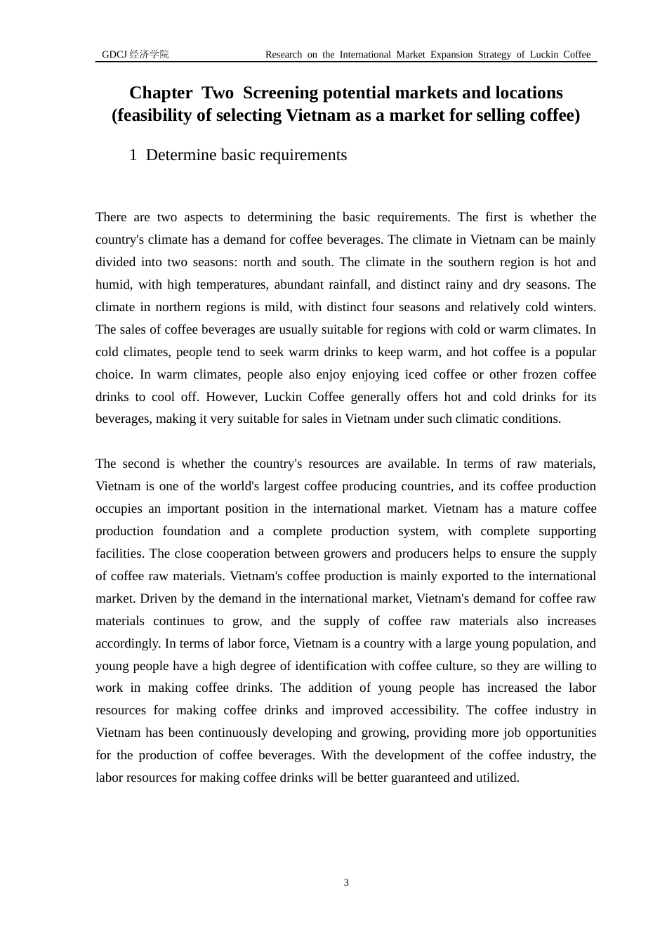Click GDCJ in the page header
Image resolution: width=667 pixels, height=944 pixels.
click(114, 54)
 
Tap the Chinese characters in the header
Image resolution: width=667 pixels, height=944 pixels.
click(150, 54)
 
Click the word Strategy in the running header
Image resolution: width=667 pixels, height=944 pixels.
click(494, 55)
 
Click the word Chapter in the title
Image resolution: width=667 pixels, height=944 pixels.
click(161, 93)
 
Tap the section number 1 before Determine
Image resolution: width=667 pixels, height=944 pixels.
click(133, 155)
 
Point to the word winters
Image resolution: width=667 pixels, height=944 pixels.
click(575, 307)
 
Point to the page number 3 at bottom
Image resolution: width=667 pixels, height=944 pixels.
click(346, 883)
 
